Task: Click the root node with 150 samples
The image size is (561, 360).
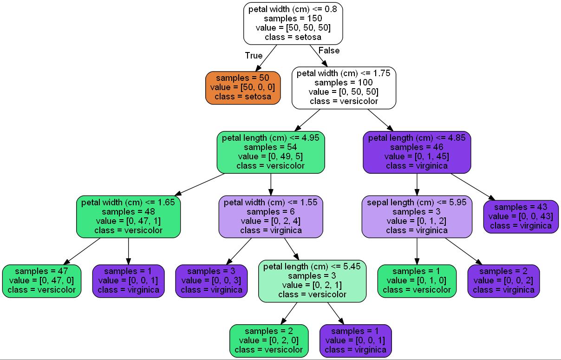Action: click(x=293, y=23)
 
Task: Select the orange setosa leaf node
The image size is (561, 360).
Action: click(x=243, y=87)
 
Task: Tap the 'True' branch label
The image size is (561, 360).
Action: click(x=254, y=56)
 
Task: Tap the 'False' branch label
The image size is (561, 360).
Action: click(x=329, y=50)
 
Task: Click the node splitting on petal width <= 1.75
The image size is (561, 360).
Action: click(x=344, y=87)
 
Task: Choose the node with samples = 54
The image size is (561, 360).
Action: click(x=271, y=152)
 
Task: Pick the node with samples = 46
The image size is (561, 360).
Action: click(x=417, y=152)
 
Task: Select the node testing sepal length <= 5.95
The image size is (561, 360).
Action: click(x=417, y=216)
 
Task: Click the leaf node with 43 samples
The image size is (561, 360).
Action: click(x=521, y=216)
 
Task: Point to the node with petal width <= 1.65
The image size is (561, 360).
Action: click(x=129, y=216)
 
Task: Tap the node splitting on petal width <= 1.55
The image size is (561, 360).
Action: click(x=271, y=216)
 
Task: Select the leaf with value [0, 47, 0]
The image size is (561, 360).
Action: click(x=42, y=281)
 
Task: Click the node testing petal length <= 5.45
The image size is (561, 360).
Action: click(x=312, y=281)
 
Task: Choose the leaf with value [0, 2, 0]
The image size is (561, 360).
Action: click(x=269, y=340)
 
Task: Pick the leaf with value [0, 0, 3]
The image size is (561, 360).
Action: click(x=211, y=281)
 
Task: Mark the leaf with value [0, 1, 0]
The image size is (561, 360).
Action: click(x=417, y=281)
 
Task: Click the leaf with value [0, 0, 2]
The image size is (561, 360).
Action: click(x=503, y=281)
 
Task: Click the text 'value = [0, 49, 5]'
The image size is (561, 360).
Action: click(x=271, y=157)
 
